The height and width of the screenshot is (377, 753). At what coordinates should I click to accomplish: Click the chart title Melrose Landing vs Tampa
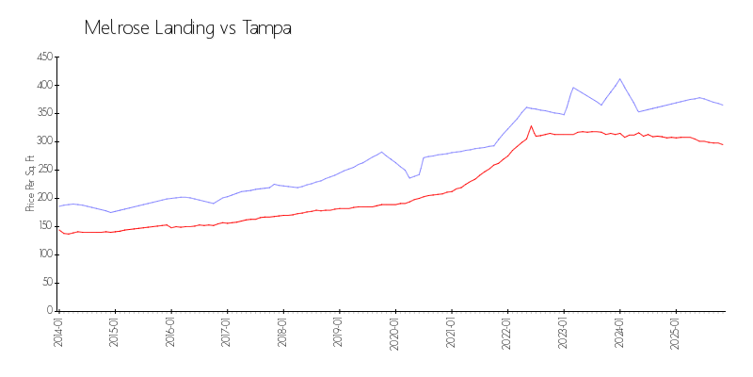188,28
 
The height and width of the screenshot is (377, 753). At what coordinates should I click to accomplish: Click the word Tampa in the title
267,28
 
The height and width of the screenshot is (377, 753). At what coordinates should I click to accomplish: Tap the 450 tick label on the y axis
43,57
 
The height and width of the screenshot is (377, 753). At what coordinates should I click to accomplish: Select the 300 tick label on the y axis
43,141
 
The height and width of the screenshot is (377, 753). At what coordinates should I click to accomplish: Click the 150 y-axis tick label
43,226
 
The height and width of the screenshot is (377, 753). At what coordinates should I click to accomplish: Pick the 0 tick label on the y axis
49,311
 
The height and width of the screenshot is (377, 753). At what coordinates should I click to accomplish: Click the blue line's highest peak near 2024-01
619,79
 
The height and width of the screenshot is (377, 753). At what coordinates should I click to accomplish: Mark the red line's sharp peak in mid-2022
531,125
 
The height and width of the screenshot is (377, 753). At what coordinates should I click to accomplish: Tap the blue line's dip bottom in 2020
409,177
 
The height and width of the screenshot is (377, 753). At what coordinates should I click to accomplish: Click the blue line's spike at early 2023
573,88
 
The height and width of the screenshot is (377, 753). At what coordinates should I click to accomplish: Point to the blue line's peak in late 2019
381,152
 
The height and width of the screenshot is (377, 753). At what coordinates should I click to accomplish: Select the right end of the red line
723,144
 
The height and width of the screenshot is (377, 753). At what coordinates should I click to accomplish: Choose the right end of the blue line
723,105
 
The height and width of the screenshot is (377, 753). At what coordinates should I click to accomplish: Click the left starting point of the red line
58,228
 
